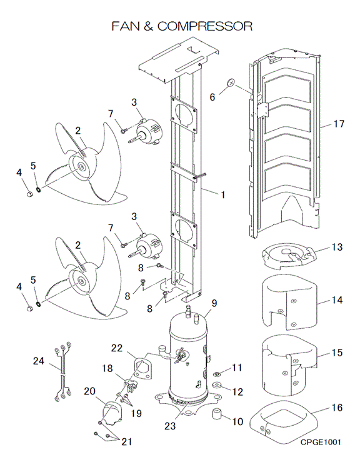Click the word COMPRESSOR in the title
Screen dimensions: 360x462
click(205, 26)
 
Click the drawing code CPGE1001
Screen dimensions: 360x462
click(321, 442)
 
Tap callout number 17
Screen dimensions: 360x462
click(339, 124)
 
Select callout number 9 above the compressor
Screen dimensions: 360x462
click(214, 303)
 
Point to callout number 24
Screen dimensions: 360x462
click(39, 361)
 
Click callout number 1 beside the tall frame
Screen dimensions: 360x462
click(223, 195)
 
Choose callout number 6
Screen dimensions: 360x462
click(212, 97)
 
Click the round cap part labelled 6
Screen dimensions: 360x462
click(231, 83)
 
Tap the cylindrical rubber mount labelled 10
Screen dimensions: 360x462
click(216, 413)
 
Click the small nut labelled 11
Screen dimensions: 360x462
click(217, 374)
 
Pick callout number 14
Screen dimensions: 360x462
click(337, 300)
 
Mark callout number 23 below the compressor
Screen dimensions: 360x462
click(170, 426)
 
